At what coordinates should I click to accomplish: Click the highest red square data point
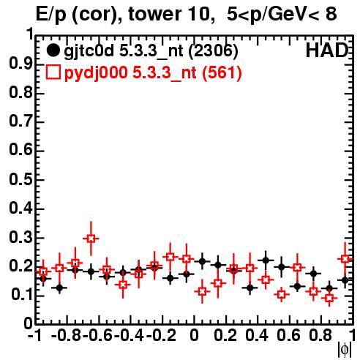pyautogui.click(x=91, y=239)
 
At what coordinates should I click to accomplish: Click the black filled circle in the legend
pyautogui.click(x=53, y=50)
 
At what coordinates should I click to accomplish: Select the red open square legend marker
pyautogui.click(x=53, y=72)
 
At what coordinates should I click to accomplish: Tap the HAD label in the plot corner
pyautogui.click(x=327, y=50)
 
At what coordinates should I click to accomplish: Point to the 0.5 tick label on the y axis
pyautogui.click(x=20, y=180)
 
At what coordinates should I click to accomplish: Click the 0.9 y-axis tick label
pyautogui.click(x=20, y=64)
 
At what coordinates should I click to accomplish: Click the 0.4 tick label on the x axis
pyautogui.click(x=257, y=335)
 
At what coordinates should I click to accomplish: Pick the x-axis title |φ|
pyautogui.click(x=345, y=350)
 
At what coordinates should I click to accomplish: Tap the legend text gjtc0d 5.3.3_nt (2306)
pyautogui.click(x=151, y=51)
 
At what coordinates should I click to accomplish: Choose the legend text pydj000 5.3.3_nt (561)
pyautogui.click(x=153, y=73)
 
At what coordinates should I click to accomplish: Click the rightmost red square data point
pyautogui.click(x=345, y=258)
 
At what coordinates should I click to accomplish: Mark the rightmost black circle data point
pyautogui.click(x=345, y=280)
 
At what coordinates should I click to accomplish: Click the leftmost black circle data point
pyautogui.click(x=43, y=278)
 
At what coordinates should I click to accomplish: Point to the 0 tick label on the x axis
pyautogui.click(x=194, y=335)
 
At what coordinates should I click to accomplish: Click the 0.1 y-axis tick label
pyautogui.click(x=22, y=295)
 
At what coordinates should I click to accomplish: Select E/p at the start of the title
pyautogui.click(x=50, y=15)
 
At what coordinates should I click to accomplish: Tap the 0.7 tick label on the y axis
pyautogui.click(x=20, y=121)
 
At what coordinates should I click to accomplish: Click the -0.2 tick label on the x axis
pyautogui.click(x=161, y=335)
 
